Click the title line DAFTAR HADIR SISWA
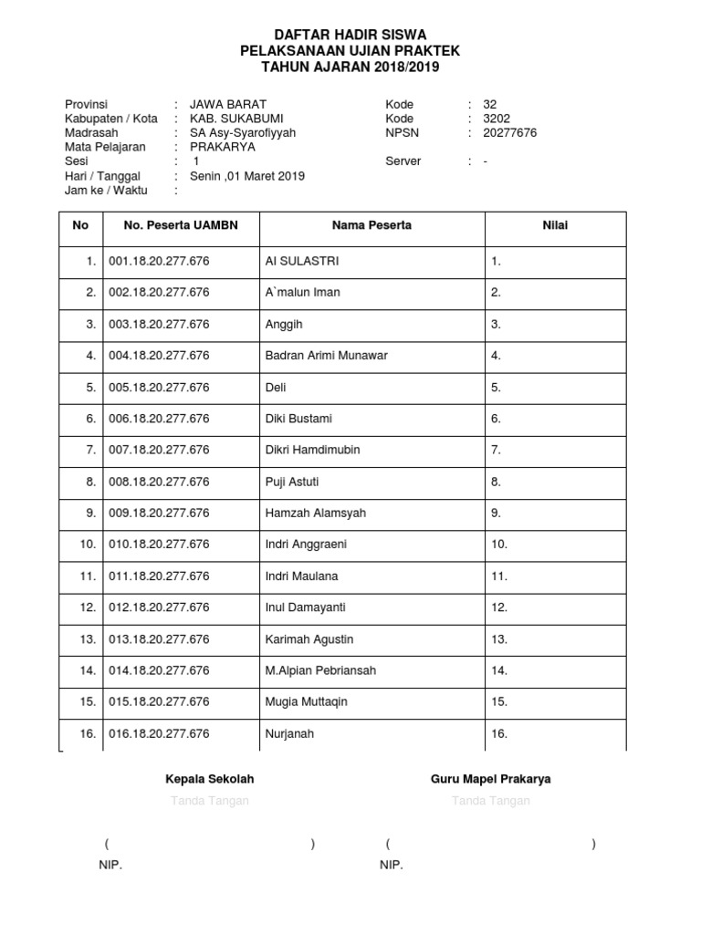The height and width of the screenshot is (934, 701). (350, 34)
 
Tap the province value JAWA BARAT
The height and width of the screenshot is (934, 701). (228, 104)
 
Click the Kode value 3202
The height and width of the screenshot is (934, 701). (498, 119)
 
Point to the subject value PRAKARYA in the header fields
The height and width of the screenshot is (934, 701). (223, 147)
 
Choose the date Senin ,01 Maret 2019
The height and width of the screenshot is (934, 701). (247, 176)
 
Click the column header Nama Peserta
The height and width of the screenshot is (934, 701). (371, 225)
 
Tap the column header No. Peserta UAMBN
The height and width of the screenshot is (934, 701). (181, 225)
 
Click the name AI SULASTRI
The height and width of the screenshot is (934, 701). (301, 261)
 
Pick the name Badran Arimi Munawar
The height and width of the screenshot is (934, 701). (326, 356)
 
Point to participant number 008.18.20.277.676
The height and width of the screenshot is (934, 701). (159, 482)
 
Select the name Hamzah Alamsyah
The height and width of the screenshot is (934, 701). (315, 514)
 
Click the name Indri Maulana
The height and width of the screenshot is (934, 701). (301, 576)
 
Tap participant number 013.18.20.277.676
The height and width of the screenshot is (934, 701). (159, 639)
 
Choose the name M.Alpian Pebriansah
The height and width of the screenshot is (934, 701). (319, 670)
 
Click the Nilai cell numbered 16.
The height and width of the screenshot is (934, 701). (499, 734)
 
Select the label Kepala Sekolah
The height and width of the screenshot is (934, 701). (209, 780)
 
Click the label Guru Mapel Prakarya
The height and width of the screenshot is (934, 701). (490, 780)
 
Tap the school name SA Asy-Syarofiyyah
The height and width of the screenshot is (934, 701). (243, 133)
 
